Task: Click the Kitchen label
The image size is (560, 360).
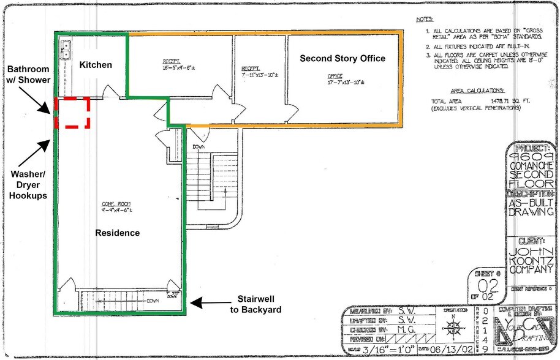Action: tap(96, 64)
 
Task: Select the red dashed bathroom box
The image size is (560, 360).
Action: tap(72, 113)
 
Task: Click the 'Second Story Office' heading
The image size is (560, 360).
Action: tap(342, 58)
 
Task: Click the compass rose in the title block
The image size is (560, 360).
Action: tap(453, 325)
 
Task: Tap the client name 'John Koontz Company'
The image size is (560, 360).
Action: tap(532, 253)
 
